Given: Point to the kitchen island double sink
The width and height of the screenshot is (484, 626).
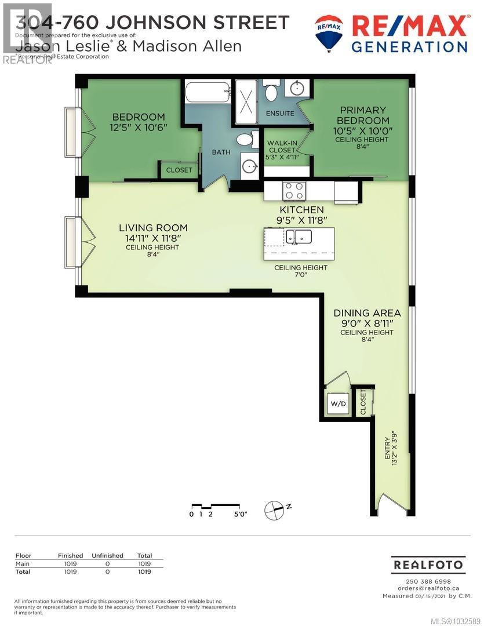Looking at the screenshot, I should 299,236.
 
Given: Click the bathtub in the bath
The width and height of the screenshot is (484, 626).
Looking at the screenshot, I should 208,92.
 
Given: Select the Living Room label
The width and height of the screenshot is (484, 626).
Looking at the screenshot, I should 154,228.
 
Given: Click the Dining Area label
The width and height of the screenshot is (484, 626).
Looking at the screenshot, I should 367,312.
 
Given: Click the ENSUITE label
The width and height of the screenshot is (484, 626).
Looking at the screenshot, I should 280,114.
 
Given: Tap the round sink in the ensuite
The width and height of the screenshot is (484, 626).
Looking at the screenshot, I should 297,89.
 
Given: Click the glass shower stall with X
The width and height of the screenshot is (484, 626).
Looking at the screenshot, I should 247,102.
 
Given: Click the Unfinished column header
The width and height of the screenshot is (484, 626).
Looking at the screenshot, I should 107,555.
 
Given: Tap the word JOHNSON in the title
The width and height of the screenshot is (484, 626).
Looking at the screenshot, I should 177,23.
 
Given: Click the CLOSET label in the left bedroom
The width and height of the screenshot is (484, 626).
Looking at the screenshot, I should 179,170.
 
